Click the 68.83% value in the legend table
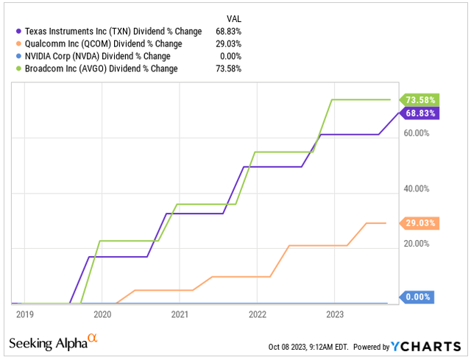point(228,32)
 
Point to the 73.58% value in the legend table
point(228,69)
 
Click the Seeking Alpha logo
point(52,342)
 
